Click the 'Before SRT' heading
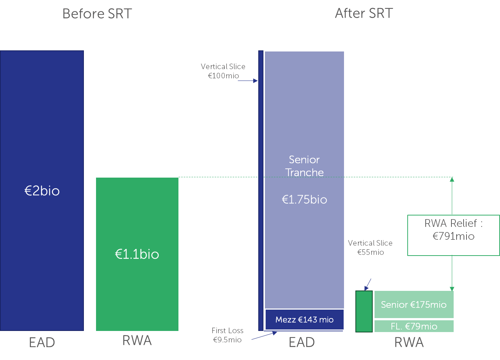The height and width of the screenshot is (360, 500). [x=97, y=14]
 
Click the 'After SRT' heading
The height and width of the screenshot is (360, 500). [x=364, y=14]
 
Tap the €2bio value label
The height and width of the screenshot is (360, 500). [x=42, y=191]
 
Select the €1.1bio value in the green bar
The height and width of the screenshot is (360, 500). [x=137, y=254]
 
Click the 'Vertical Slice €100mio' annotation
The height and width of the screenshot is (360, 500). [x=223, y=71]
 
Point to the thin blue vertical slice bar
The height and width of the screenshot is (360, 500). [x=261, y=184]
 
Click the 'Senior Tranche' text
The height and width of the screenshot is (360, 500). [x=304, y=166]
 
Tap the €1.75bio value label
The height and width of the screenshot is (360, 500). [x=304, y=199]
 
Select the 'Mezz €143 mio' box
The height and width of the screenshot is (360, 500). [x=304, y=320]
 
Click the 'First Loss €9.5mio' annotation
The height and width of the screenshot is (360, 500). [x=227, y=335]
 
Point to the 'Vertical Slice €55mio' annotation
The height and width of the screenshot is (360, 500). [x=370, y=247]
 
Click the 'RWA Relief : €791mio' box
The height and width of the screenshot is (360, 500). [x=453, y=235]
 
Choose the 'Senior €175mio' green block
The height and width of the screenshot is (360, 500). [x=414, y=304]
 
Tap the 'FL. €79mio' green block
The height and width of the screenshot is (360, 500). [x=414, y=326]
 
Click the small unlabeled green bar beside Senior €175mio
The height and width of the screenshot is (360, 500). [x=364, y=311]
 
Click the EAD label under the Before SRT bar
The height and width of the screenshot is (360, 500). [x=42, y=342]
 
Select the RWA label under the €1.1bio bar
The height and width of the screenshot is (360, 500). [x=137, y=341]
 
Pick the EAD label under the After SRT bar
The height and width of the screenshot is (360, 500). [x=302, y=342]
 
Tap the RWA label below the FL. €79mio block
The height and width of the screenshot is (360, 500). [x=409, y=342]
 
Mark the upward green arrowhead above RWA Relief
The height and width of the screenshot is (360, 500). [x=452, y=179]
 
